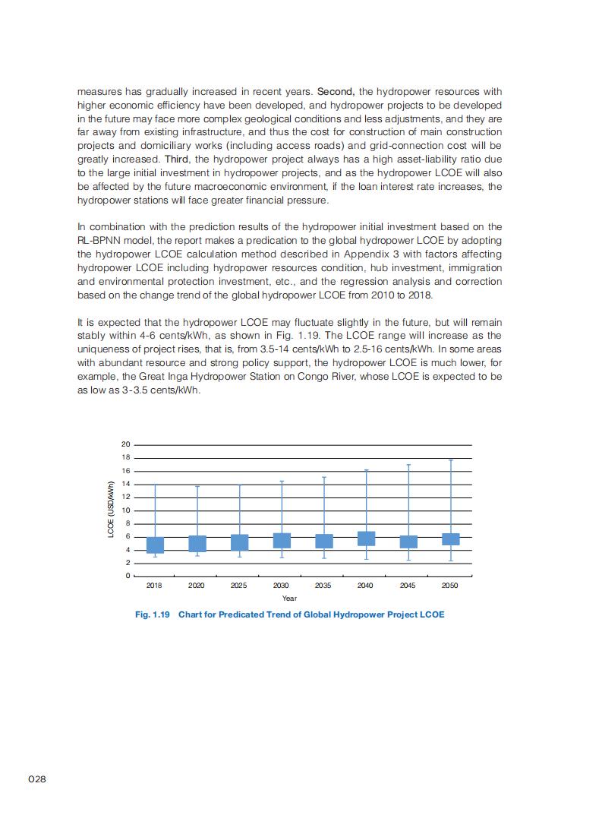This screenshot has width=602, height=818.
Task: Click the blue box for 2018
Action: (x=155, y=545)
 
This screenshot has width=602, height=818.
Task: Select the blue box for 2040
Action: (x=366, y=538)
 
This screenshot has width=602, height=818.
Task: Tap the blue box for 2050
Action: (x=451, y=539)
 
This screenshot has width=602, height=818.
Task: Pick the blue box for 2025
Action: (x=240, y=542)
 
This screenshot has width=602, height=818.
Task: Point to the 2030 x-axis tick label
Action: (x=282, y=586)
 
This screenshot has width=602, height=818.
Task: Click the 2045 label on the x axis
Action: (x=408, y=586)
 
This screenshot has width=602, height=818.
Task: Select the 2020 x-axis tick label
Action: (x=197, y=586)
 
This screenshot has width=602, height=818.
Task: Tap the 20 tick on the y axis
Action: (x=126, y=444)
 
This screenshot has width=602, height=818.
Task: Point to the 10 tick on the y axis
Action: (x=126, y=510)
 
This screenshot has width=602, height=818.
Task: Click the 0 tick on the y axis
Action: (x=128, y=576)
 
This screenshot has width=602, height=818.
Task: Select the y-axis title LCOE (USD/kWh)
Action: (x=111, y=510)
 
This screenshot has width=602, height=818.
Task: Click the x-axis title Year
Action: (x=289, y=598)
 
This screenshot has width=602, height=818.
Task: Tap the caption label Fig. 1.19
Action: (x=152, y=614)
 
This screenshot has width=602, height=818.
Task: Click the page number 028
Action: (x=37, y=779)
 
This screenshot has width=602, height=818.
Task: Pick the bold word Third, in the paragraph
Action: (x=177, y=159)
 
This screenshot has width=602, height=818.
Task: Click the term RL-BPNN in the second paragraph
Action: (x=101, y=240)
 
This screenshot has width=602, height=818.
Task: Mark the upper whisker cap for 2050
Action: (x=451, y=460)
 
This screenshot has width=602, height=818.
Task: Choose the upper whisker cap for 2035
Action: (x=324, y=477)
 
